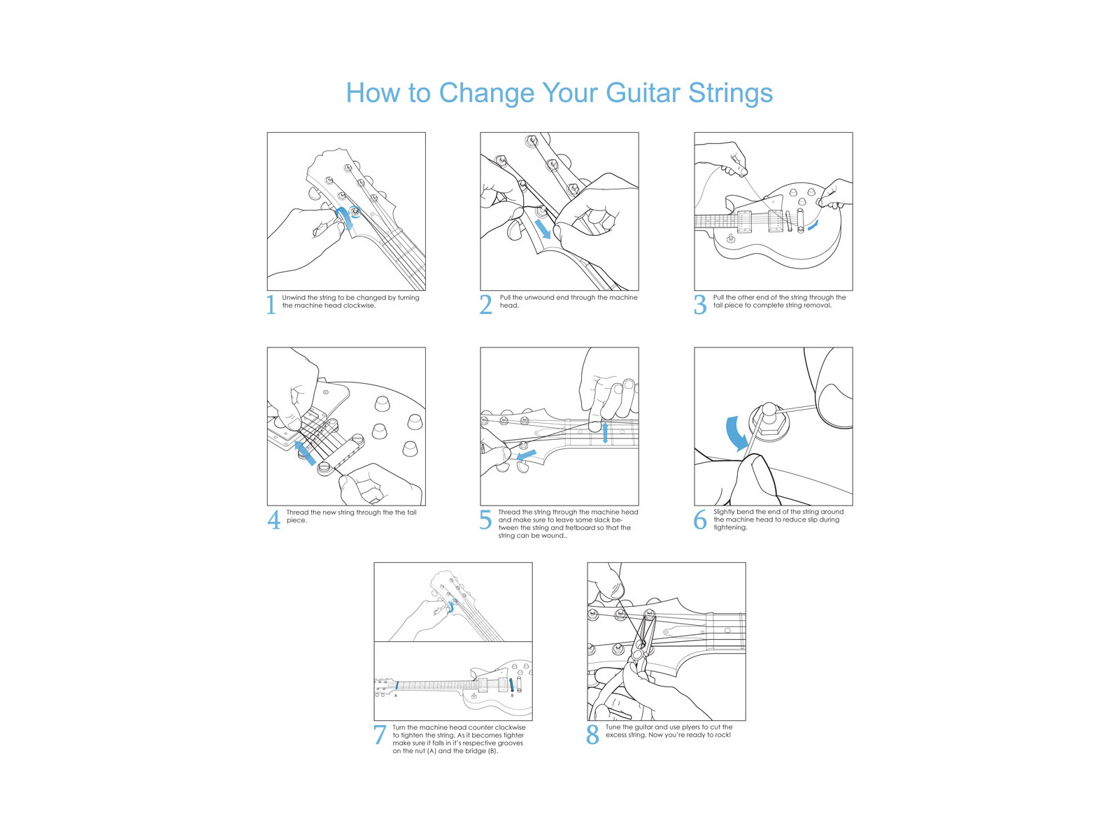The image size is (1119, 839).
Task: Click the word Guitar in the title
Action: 642,93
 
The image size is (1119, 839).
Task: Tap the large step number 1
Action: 271,306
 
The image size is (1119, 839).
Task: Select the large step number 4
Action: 273,520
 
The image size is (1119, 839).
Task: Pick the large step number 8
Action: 592,735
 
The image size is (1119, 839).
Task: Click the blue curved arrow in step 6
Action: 735,433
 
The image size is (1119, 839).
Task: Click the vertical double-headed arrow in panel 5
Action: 605,433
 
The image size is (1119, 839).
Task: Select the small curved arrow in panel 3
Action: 813,225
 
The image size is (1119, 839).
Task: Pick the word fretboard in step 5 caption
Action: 580,528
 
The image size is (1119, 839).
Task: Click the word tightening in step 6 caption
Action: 730,528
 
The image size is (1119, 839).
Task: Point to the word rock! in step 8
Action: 722,735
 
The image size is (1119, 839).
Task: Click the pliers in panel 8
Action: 640,643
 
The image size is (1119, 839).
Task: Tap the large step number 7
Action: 379,735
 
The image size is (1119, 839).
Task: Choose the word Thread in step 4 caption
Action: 297,512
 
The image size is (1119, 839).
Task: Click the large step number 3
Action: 699,306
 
